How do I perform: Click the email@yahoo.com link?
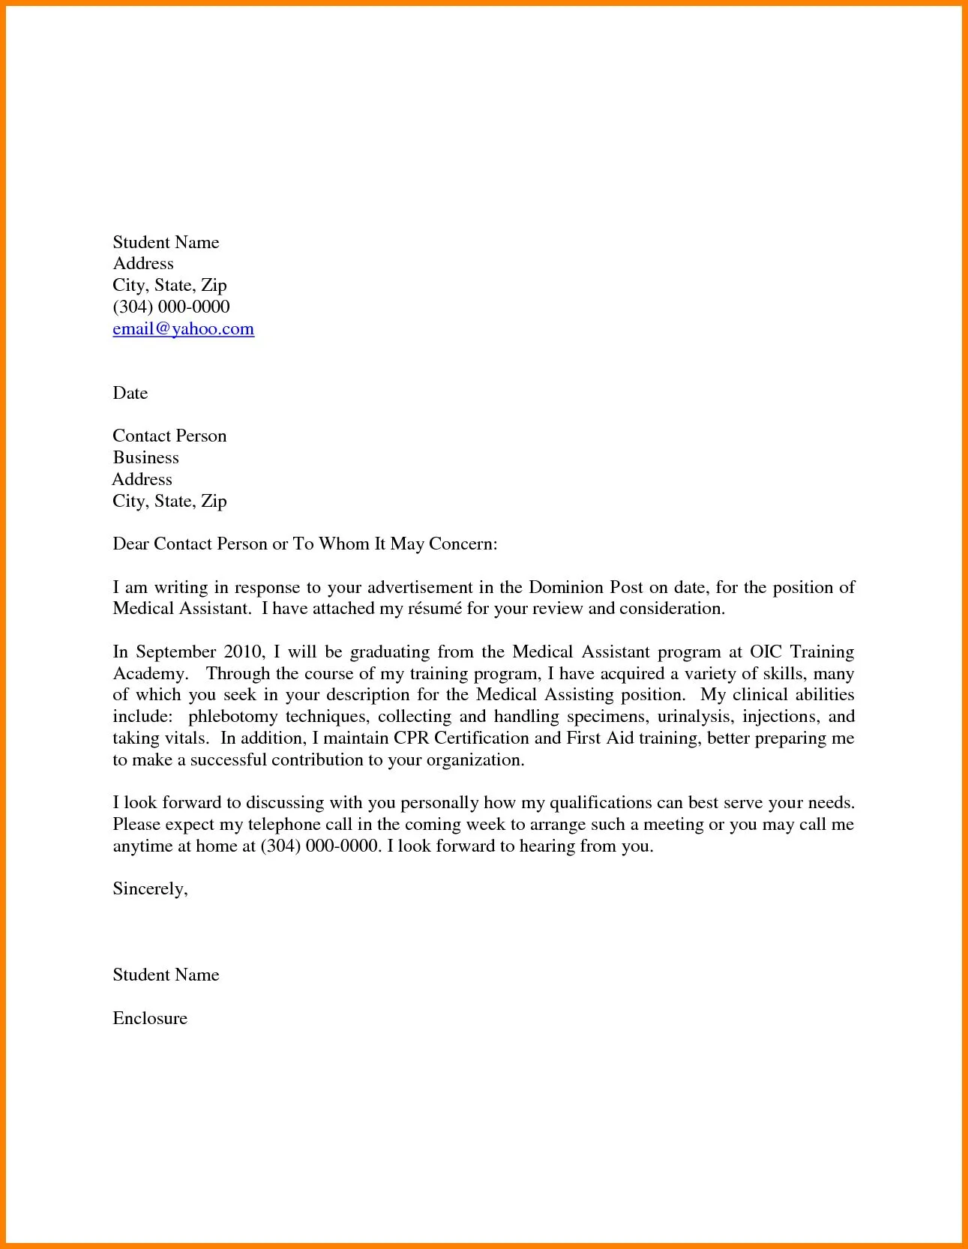tap(183, 329)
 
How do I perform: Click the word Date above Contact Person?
tap(130, 394)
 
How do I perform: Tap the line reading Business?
tap(145, 458)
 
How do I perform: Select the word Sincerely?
tap(149, 889)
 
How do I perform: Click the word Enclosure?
tap(150, 1018)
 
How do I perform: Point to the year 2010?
tap(241, 652)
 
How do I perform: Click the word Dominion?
tap(566, 588)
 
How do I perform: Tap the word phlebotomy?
tap(232, 717)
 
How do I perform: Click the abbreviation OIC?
tap(766, 652)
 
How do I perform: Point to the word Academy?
tap(148, 674)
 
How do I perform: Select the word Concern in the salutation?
tap(462, 544)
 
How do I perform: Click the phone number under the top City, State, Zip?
tap(171, 307)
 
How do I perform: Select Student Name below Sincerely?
tap(166, 975)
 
